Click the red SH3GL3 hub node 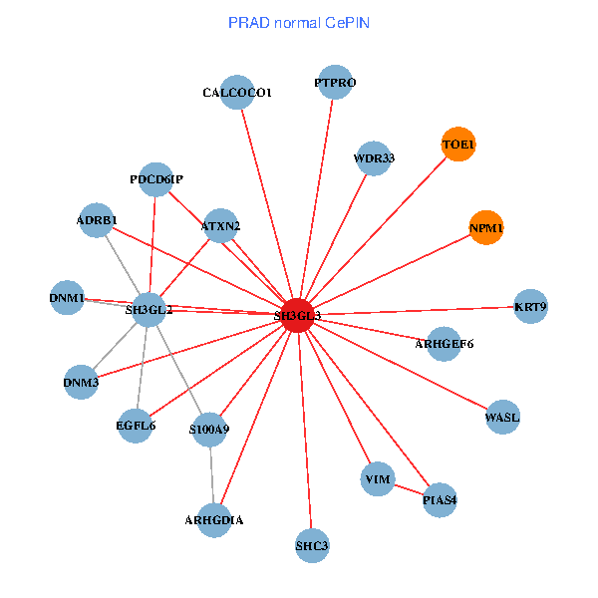[298, 315]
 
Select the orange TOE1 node [458, 145]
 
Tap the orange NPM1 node [487, 228]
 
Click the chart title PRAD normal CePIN [299, 22]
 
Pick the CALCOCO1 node [237, 93]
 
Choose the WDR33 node [374, 157]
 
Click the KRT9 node [530, 306]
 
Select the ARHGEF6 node [444, 344]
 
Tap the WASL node [502, 416]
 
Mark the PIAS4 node [440, 499]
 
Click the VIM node [378, 479]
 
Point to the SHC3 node [312, 545]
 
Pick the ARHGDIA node [214, 519]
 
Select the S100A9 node [209, 430]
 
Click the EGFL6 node [136, 426]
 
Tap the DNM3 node [82, 382]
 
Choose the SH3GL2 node [149, 310]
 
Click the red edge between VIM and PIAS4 [409, 489]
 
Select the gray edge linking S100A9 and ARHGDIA [212, 474]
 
